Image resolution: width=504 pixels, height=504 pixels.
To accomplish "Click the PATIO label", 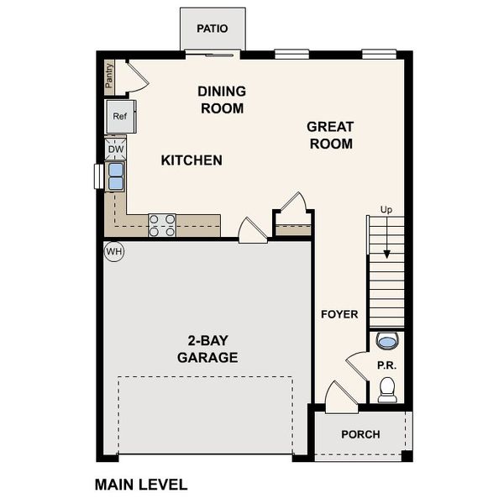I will (213, 29).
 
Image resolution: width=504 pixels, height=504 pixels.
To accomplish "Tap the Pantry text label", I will (109, 76).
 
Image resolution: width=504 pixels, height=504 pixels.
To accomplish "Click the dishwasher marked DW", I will (116, 150).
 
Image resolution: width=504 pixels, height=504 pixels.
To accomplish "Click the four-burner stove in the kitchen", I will (162, 225).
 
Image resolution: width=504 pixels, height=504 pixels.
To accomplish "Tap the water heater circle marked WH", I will (113, 251).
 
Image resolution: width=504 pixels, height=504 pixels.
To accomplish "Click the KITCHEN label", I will (192, 160).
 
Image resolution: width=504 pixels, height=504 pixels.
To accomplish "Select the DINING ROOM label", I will (222, 99).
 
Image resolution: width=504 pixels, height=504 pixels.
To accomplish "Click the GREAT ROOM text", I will (329, 134).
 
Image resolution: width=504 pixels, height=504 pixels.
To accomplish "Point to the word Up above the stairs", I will (386, 209).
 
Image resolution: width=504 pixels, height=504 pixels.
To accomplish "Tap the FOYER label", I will (339, 314).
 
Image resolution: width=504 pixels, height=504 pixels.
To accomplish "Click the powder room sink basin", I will (386, 341).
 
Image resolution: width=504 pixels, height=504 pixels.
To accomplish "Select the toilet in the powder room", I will (386, 389).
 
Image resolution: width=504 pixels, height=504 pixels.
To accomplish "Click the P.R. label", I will (386, 365).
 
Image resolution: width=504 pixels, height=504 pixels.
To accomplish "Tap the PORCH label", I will (360, 434).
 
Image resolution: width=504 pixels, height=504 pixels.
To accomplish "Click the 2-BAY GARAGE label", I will (207, 349).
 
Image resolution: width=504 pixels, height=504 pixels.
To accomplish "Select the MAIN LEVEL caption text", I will (141, 485).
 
